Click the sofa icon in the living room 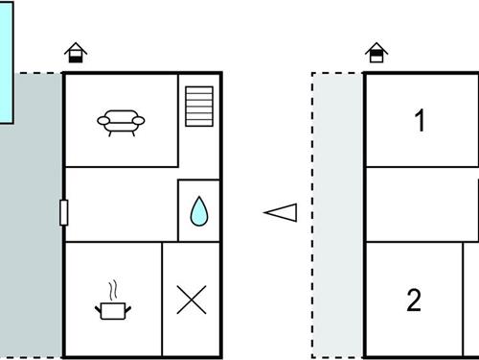(121, 120)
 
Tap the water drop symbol (198, 210)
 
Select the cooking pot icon (113, 308)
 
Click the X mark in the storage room (192, 300)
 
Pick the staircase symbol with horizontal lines (199, 106)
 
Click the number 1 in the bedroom (420, 121)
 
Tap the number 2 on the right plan (414, 300)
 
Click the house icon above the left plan (74, 54)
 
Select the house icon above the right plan (376, 54)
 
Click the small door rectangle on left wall (63, 212)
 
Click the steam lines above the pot (113, 289)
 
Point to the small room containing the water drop (198, 210)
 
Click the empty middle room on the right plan (422, 204)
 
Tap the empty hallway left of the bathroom (120, 204)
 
